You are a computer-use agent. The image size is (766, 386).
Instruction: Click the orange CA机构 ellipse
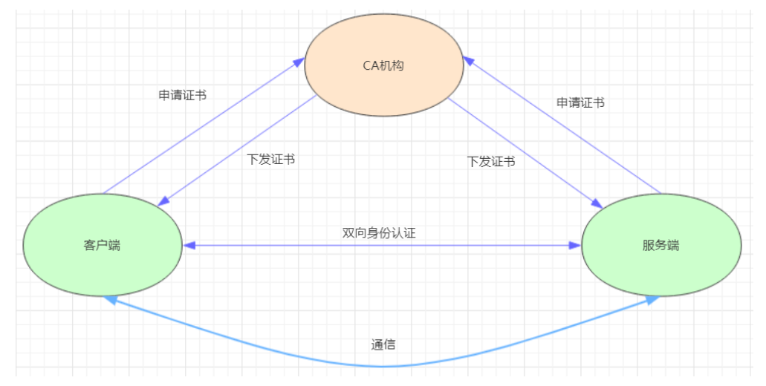click(383, 65)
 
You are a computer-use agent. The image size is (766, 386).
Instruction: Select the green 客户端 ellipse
click(103, 245)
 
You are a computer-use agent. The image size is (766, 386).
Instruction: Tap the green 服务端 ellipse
click(660, 245)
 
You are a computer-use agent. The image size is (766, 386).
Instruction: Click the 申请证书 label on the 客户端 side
click(182, 95)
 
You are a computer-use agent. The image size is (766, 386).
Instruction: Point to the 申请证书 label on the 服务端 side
click(580, 102)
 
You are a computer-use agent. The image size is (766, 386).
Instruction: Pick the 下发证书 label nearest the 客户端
click(270, 159)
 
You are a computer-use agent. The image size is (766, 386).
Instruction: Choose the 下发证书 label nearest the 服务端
click(490, 161)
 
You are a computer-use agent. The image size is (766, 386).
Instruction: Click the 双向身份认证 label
click(379, 232)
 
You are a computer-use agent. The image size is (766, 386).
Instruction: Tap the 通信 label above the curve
click(383, 344)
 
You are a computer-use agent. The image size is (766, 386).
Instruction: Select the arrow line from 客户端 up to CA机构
click(201, 126)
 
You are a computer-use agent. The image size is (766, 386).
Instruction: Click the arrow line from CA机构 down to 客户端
click(238, 148)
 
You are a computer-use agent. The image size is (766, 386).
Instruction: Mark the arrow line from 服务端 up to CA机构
click(565, 126)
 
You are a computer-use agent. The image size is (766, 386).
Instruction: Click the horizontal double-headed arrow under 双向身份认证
click(382, 245)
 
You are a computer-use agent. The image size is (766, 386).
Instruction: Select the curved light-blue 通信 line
click(383, 366)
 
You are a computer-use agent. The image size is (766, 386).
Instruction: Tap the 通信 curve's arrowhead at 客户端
click(111, 299)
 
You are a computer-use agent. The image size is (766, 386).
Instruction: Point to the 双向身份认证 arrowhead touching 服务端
click(576, 245)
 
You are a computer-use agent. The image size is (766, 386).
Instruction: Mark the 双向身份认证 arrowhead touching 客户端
click(189, 245)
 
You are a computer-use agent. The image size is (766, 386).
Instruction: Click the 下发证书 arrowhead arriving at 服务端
click(597, 203)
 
